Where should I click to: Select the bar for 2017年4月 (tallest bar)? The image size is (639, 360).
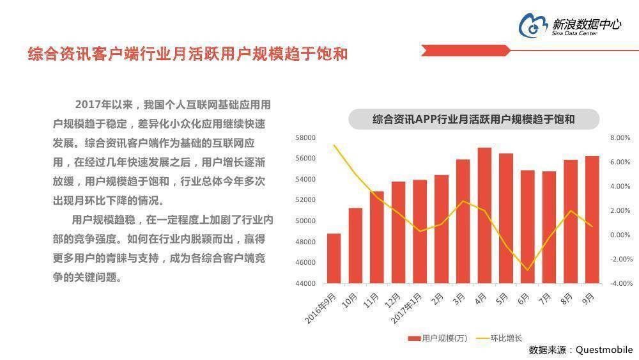pyautogui.click(x=484, y=215)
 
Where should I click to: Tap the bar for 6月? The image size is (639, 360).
pyautogui.click(x=528, y=227)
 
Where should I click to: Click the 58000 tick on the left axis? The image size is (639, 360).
pyautogui.click(x=306, y=137)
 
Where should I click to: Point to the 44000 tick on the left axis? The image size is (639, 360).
pyautogui.click(x=306, y=283)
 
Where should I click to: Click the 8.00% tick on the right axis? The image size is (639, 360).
pyautogui.click(x=620, y=137)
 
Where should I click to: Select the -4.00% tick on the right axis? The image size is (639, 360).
pyautogui.click(x=620, y=283)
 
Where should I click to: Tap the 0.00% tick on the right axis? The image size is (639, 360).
pyautogui.click(x=620, y=235)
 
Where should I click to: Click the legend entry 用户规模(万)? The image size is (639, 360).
pyautogui.click(x=438, y=338)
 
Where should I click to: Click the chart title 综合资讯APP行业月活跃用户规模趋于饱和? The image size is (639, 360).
pyautogui.click(x=473, y=119)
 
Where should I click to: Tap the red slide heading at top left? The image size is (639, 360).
pyautogui.click(x=188, y=54)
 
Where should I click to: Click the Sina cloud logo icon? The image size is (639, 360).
pyautogui.click(x=533, y=24)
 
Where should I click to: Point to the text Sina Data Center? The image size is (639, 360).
pyautogui.click(x=575, y=33)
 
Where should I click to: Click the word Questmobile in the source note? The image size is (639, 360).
pyautogui.click(x=604, y=350)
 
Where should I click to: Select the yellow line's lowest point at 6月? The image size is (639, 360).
pyautogui.click(x=528, y=270)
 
